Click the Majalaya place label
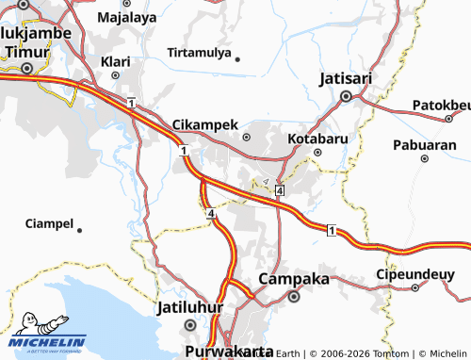127,17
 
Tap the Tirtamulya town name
199,53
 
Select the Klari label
115,62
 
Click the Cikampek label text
204,124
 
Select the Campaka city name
294,279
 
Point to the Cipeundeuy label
414,271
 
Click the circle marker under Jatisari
346,95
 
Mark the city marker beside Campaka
294,297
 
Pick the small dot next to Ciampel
79,229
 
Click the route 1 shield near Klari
132,102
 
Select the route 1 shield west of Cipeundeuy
331,230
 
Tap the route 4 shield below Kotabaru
280,191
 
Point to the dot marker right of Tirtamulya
237,58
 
